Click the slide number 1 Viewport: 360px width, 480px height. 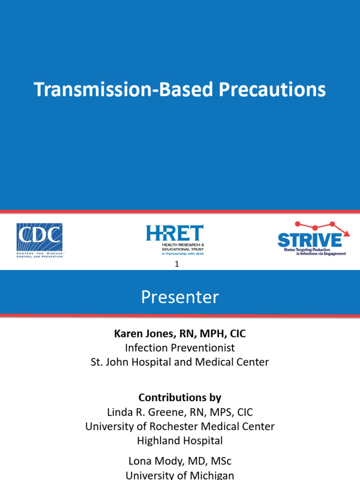[177, 264]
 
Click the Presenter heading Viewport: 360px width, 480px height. [180, 297]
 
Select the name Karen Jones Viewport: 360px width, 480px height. [140, 334]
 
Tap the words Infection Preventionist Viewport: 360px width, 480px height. [180, 348]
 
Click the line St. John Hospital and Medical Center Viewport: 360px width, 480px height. [180, 362]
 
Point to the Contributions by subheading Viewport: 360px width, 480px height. [180, 397]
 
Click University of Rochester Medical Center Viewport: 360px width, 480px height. [180, 426]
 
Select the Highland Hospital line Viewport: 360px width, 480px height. [180, 441]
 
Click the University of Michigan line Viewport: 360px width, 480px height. [180, 475]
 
